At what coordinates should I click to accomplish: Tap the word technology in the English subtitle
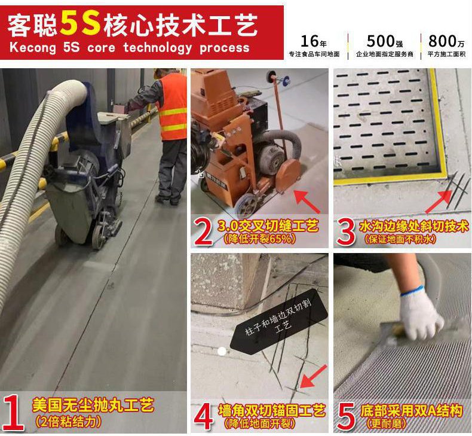tap(157, 48)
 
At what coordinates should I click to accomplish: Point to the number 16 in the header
tap(309, 41)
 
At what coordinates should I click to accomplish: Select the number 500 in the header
tap(381, 41)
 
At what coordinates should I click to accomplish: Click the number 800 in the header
tap(442, 41)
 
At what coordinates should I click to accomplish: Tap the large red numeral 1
tap(14, 412)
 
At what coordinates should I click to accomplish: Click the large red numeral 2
tap(204, 231)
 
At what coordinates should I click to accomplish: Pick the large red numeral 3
tap(346, 231)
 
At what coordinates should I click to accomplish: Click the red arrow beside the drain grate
tap(439, 202)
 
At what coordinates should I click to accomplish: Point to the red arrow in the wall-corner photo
tap(313, 377)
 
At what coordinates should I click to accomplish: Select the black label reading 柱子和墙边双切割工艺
tap(279, 322)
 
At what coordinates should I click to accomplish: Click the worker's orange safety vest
tap(173, 107)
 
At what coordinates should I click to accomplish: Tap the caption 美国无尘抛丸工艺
tap(93, 405)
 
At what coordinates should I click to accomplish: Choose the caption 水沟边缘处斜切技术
tap(413, 227)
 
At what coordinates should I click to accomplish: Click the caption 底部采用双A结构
tap(411, 411)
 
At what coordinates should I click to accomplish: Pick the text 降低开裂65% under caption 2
tap(259, 239)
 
